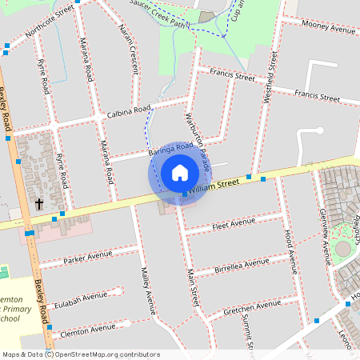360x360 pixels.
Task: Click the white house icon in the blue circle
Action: coord(179,173)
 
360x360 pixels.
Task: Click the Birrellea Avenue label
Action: coord(242,266)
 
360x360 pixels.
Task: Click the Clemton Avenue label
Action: coord(82,329)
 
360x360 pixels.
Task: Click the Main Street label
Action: coord(192,288)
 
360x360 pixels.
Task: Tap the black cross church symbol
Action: coord(39,204)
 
